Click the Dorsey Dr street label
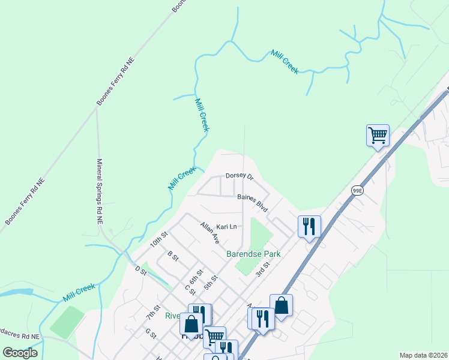[240, 177]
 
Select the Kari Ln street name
[228, 227]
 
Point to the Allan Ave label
[210, 232]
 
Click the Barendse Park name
[253, 254]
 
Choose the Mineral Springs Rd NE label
[100, 191]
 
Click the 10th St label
[158, 240]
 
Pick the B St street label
[173, 256]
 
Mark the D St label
[141, 271]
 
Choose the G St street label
[149, 332]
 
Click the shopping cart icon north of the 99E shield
[378, 136]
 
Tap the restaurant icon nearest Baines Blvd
[309, 226]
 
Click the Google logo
[20, 352]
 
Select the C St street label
[190, 290]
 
